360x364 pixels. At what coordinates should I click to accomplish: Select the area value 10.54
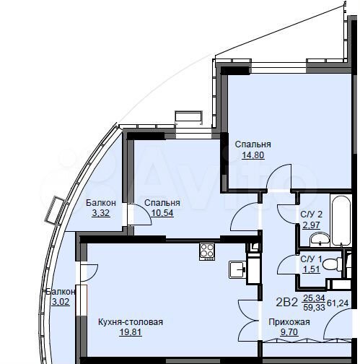[162, 213]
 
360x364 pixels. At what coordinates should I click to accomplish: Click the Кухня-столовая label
[131, 322]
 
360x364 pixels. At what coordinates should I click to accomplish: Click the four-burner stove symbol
[207, 251]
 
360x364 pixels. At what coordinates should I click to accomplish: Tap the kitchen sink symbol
[237, 269]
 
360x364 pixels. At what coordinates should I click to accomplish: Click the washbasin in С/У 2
[322, 238]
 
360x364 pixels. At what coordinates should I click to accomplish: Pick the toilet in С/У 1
[333, 264]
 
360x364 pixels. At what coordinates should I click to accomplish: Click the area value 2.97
[311, 225]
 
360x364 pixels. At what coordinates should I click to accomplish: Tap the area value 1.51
[311, 269]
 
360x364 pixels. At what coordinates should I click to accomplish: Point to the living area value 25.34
[314, 297]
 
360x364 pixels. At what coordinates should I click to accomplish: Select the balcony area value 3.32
[100, 213]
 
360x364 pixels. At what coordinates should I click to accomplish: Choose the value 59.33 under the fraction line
[314, 307]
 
